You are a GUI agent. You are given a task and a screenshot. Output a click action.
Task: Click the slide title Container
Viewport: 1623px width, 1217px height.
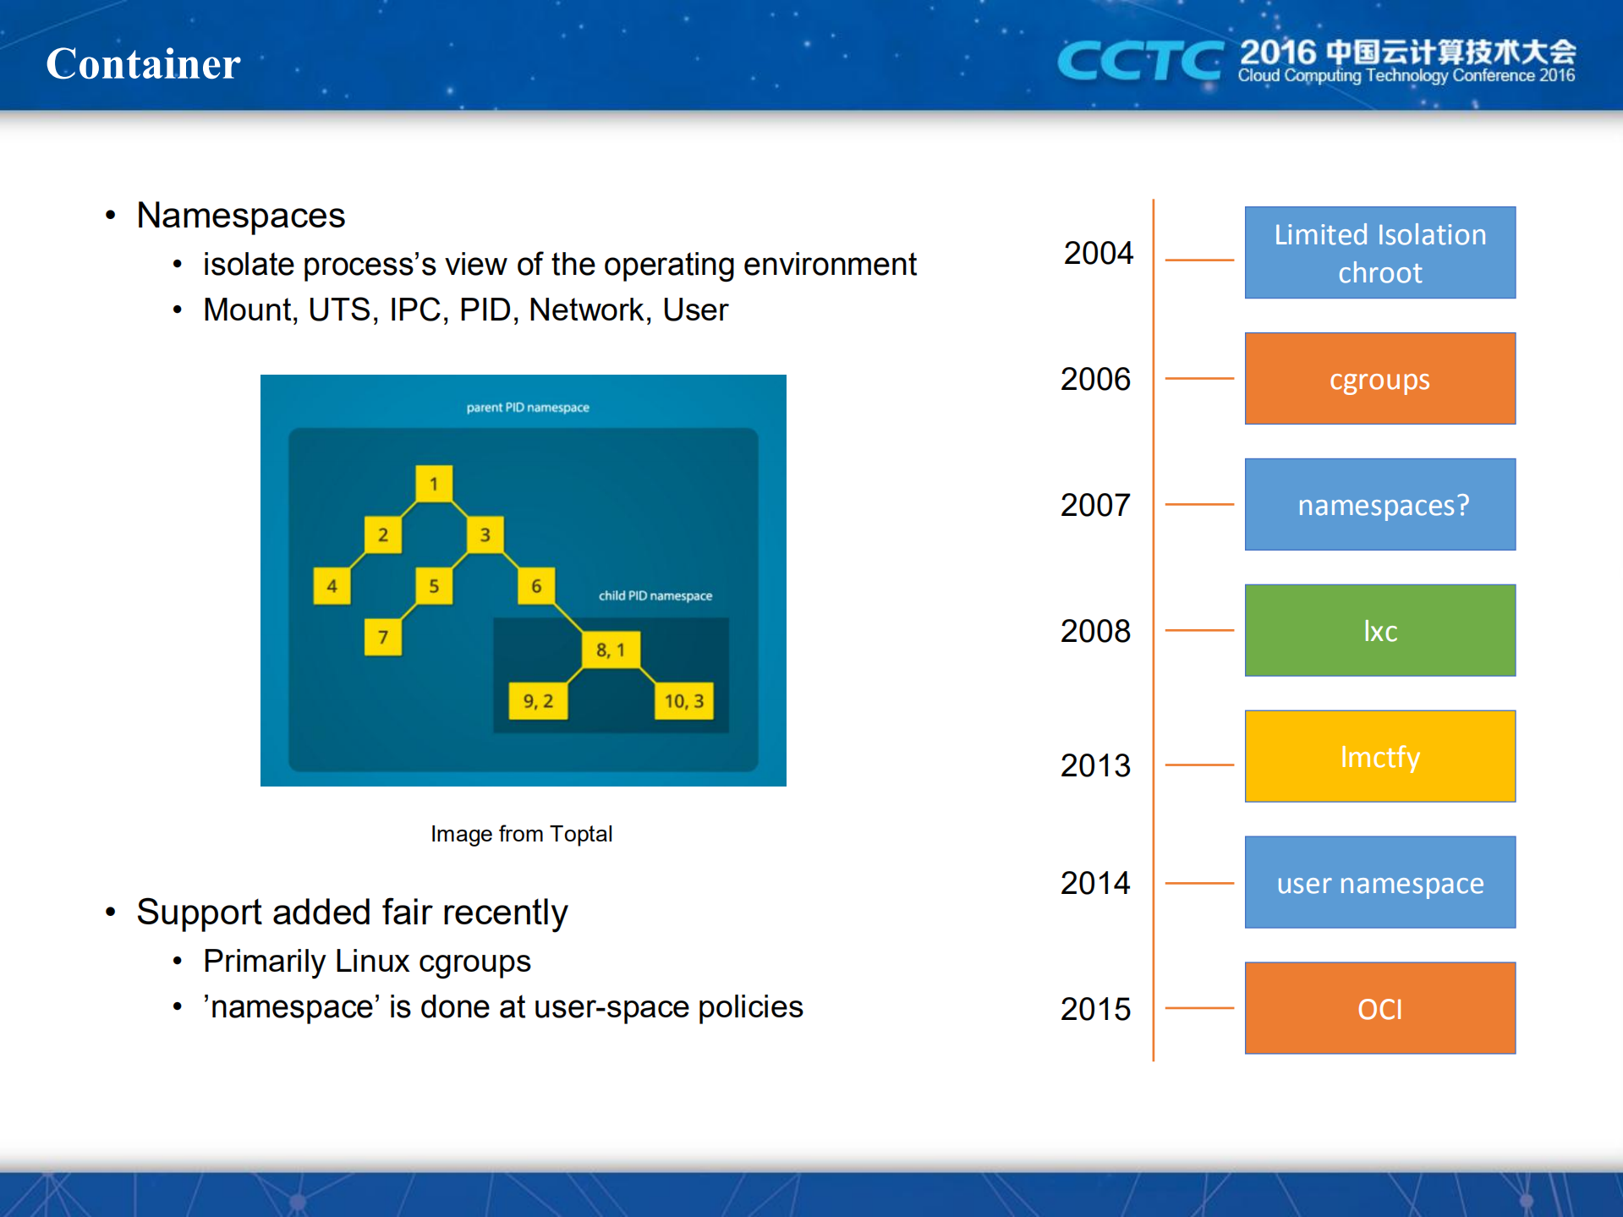click(143, 63)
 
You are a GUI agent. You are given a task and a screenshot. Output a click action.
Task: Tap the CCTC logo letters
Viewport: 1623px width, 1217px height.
click(1139, 61)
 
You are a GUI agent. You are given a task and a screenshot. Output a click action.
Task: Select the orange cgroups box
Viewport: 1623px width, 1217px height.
click(1379, 378)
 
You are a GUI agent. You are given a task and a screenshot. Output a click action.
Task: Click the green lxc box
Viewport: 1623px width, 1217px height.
click(1379, 630)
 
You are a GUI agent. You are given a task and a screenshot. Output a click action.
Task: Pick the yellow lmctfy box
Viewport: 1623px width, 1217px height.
click(1379, 756)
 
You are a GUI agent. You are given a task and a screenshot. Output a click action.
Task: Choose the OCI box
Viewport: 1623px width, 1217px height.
click(1379, 1008)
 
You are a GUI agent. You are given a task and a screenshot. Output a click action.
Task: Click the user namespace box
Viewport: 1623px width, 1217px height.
click(1379, 882)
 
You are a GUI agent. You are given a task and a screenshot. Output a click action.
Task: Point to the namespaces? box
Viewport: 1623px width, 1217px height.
click(1379, 504)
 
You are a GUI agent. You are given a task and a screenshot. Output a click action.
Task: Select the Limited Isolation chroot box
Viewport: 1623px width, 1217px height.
click(1379, 252)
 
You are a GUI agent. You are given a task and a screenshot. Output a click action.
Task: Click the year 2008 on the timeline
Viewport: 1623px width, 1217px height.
click(1095, 631)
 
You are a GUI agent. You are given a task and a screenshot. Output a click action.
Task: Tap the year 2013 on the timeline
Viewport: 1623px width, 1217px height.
click(1095, 765)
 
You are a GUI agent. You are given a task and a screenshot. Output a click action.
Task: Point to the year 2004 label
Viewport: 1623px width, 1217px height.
click(1098, 253)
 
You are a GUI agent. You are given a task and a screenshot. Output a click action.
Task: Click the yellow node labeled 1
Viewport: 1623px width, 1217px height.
click(434, 484)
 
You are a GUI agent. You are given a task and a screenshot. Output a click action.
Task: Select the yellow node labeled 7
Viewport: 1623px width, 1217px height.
click(383, 637)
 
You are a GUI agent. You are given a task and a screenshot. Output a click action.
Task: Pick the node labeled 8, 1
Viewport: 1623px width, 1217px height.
click(611, 650)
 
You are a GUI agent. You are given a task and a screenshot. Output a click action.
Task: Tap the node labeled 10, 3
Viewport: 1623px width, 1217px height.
click(684, 701)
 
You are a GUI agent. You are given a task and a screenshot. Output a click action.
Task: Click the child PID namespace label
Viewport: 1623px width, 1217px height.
click(655, 595)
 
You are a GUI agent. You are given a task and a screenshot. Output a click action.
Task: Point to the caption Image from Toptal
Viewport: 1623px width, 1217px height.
click(521, 834)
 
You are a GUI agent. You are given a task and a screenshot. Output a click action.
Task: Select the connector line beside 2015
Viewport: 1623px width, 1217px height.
click(1199, 1008)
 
